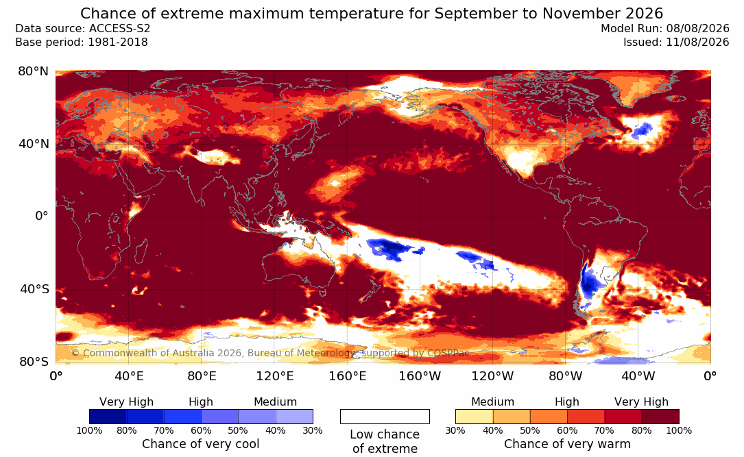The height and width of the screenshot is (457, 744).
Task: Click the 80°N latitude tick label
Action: coord(33,71)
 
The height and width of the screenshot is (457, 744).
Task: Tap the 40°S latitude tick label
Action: coord(34,288)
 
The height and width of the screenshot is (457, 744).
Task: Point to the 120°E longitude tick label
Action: coord(275,376)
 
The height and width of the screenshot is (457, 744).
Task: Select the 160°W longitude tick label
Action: coord(420,376)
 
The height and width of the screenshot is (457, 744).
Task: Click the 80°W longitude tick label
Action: coord(566,376)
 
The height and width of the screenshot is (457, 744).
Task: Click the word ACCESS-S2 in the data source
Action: coord(119,29)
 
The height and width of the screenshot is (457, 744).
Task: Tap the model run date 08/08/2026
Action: coord(697,29)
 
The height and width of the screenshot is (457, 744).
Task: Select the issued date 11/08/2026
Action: coord(697,42)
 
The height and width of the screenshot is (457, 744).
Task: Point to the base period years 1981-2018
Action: coord(118,42)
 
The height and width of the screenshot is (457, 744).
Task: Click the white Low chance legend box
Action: coord(385,417)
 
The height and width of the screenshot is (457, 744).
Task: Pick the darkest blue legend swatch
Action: coord(108,417)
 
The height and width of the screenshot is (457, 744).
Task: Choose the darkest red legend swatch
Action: coord(660,417)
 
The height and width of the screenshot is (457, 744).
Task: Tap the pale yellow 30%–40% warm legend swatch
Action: coord(474,417)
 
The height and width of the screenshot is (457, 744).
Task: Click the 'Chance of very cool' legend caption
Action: coord(201,444)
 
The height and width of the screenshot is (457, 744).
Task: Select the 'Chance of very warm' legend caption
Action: coord(567,444)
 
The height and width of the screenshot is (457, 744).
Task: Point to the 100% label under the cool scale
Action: coord(89,430)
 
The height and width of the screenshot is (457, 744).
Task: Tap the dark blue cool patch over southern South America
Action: coord(589,284)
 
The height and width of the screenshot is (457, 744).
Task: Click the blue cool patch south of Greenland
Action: coord(643,129)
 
